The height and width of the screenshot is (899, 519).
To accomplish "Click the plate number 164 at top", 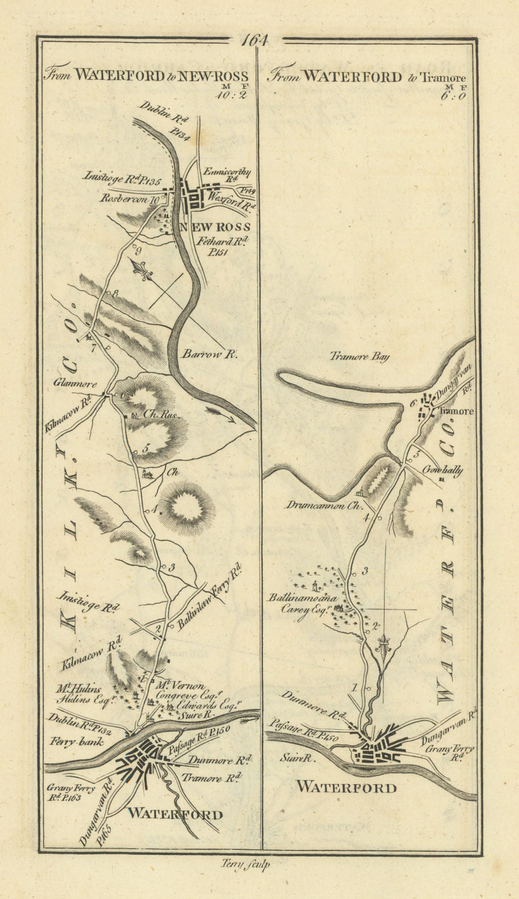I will point(255,41).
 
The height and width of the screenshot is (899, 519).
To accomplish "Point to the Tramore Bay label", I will point(360,357).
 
